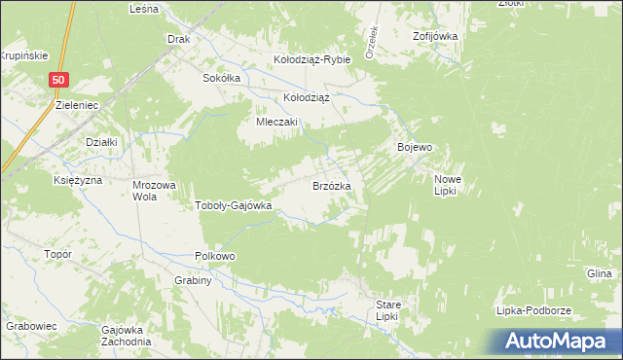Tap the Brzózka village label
[339, 185]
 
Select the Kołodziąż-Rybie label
[311, 59]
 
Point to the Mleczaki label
[276, 123]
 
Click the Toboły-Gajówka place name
[234, 205]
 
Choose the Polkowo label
[215, 256]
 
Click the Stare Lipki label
[388, 310]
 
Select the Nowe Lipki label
[448, 185]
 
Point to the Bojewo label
[415, 147]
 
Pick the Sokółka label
[221, 78]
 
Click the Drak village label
[177, 40]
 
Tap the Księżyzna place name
[78, 180]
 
